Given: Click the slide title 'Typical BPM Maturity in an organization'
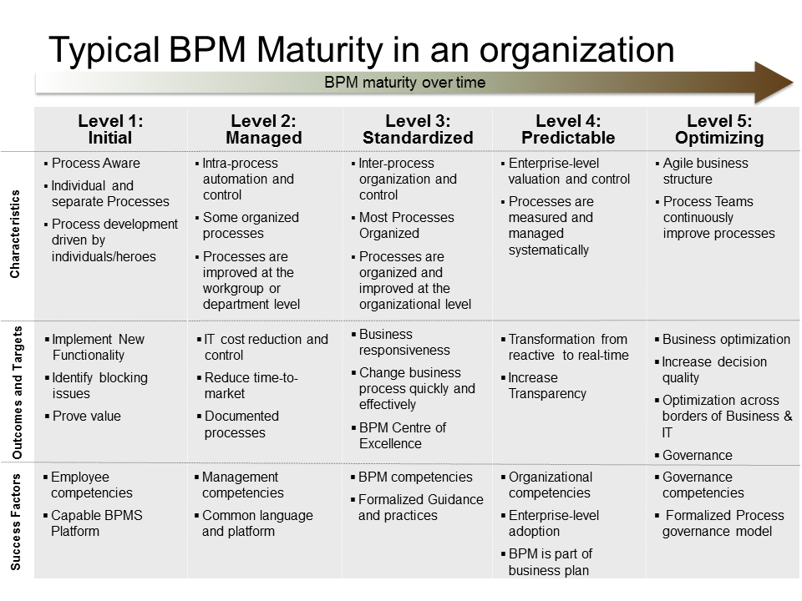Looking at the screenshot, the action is [362, 50].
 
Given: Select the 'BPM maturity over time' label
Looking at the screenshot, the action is [404, 83].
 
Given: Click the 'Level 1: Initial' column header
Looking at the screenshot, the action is [110, 129].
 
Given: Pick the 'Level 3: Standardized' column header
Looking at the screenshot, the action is [418, 129].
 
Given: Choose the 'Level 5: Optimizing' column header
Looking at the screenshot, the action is [719, 129].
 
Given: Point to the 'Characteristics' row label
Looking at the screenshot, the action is [15, 234].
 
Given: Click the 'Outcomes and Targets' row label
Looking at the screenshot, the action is [17, 392].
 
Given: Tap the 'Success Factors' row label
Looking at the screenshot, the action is [16, 522].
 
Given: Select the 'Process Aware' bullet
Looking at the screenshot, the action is [95, 163].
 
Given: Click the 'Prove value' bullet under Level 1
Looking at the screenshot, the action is [86, 416].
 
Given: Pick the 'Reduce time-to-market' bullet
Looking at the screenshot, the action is [251, 386].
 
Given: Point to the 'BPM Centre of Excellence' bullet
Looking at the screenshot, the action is [403, 435].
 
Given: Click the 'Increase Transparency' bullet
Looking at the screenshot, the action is [546, 386].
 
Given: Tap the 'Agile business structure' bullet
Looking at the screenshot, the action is [705, 170].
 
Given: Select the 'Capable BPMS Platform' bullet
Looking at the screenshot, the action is [97, 523].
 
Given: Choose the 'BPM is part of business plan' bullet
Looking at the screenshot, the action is [550, 562].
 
